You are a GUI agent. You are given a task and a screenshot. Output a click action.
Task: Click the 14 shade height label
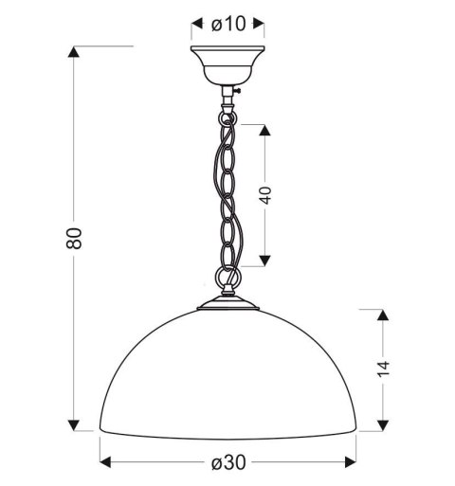tap(383, 369)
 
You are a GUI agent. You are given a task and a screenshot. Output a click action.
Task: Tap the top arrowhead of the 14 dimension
tap(384, 314)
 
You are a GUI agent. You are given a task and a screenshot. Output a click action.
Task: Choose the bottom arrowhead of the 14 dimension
tap(384, 423)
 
